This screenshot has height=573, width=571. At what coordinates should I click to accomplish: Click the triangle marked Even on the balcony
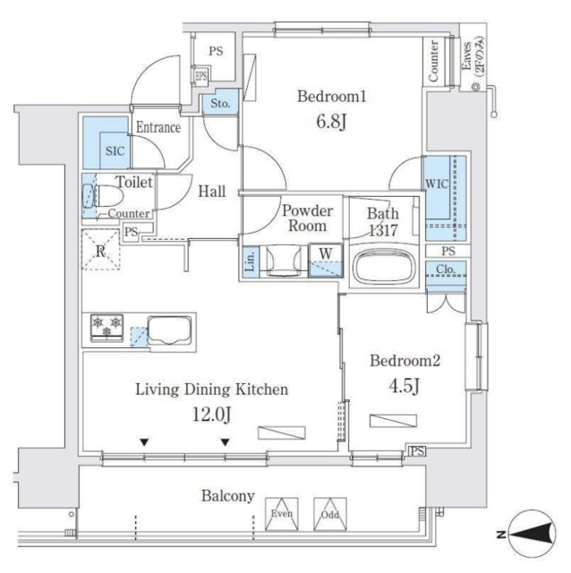tap(285, 512)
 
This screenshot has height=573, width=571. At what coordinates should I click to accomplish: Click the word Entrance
tap(158, 128)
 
